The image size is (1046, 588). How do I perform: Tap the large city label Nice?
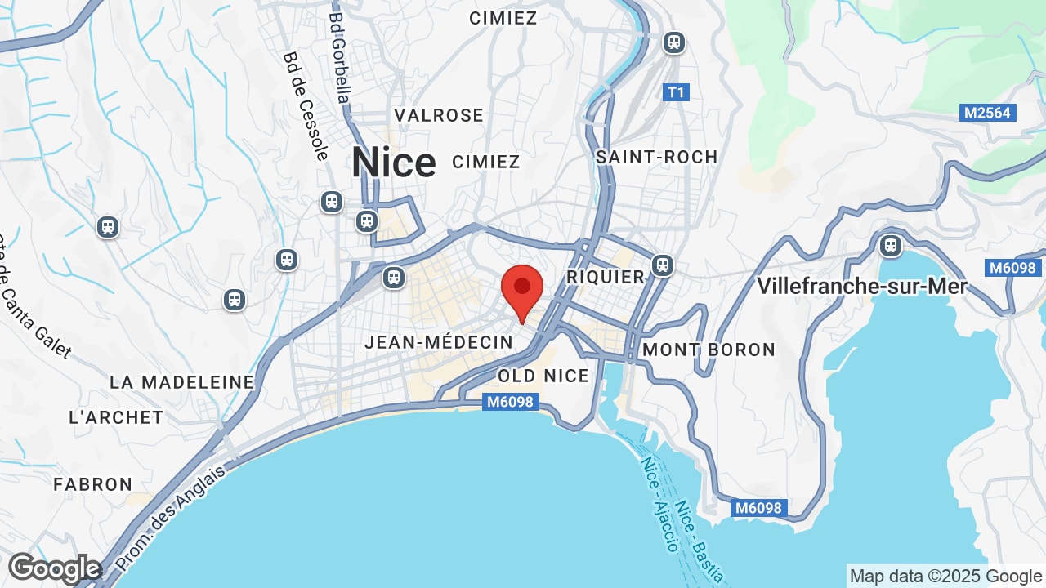pyautogui.click(x=394, y=162)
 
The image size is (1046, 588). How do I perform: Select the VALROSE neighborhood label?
pyautogui.click(x=439, y=115)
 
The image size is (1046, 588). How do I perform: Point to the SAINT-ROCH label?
pyautogui.click(x=656, y=157)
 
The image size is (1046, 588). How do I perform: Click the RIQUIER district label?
pyautogui.click(x=606, y=277)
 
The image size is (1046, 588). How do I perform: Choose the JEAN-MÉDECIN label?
pyautogui.click(x=438, y=342)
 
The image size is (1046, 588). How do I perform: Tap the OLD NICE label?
pyautogui.click(x=543, y=376)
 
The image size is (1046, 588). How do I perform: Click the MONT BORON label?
pyautogui.click(x=709, y=350)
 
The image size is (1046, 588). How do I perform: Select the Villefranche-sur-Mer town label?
pyautogui.click(x=862, y=287)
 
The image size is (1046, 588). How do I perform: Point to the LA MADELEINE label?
pyautogui.click(x=182, y=382)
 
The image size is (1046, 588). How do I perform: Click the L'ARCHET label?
pyautogui.click(x=116, y=417)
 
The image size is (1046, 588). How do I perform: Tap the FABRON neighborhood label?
pyautogui.click(x=93, y=484)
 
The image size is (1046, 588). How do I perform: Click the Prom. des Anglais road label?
pyautogui.click(x=170, y=519)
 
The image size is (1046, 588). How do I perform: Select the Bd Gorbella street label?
pyautogui.click(x=340, y=57)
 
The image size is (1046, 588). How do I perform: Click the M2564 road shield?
pyautogui.click(x=987, y=113)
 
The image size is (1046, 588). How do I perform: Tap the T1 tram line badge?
pyautogui.click(x=676, y=92)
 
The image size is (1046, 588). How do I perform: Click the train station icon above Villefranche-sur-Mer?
pyautogui.click(x=891, y=245)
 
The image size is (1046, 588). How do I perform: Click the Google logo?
pyautogui.click(x=55, y=568)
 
